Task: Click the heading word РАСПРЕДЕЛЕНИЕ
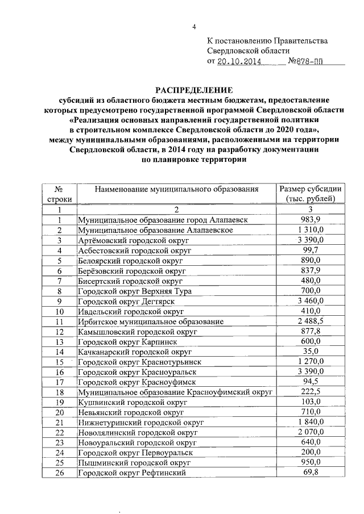193,90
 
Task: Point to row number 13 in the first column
59,342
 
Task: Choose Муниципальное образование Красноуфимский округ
175,392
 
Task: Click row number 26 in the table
59,473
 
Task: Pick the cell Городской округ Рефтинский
132,473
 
